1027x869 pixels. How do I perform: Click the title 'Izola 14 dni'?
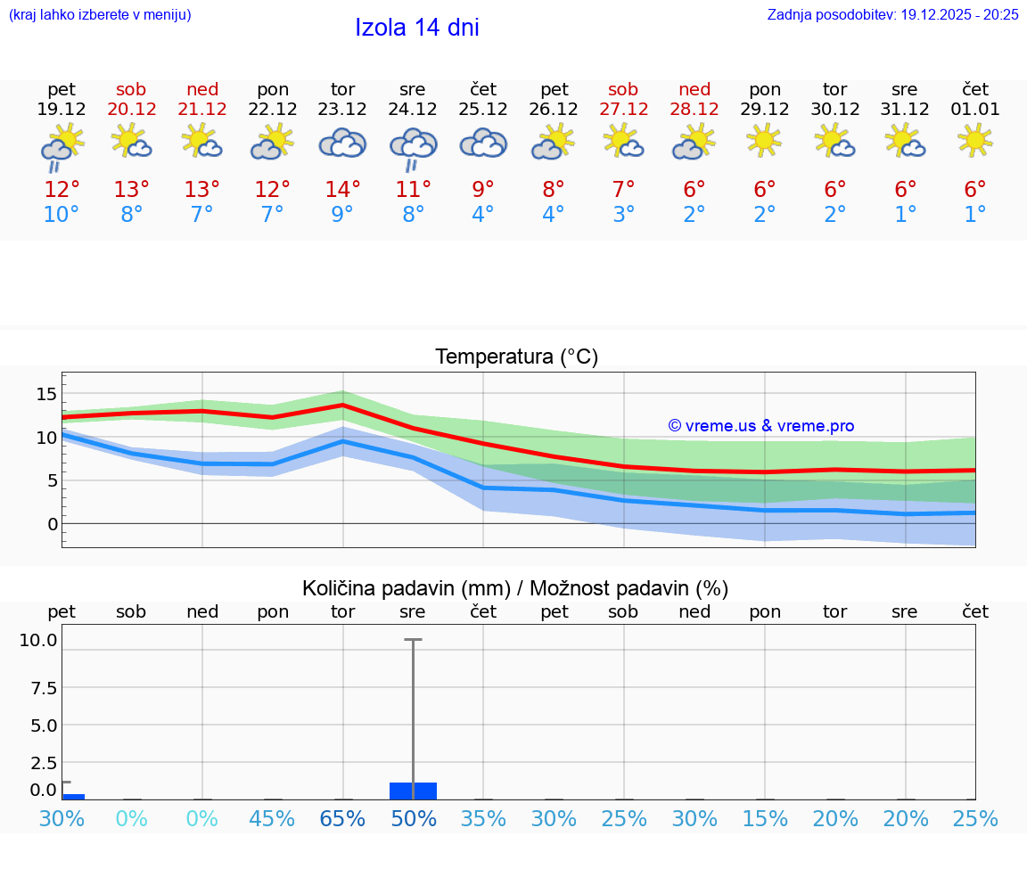click(x=416, y=28)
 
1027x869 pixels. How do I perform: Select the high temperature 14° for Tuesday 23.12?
click(x=342, y=190)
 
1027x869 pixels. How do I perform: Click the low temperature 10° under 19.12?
click(x=62, y=215)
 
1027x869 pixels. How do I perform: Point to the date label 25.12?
click(x=483, y=110)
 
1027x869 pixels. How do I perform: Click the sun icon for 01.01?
click(x=975, y=140)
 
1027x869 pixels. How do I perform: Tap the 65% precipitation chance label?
click(x=342, y=819)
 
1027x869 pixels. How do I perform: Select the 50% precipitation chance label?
click(x=413, y=819)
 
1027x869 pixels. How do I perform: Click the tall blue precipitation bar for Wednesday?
click(x=413, y=791)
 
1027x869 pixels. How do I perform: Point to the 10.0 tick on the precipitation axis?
click(x=38, y=640)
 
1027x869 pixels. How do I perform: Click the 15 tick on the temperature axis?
click(x=46, y=394)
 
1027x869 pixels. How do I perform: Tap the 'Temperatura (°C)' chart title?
click(x=516, y=357)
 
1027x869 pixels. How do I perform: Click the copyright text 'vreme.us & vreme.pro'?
click(x=760, y=426)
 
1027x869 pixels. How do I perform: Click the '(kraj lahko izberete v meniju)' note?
click(x=99, y=15)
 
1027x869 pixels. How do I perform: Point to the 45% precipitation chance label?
click(x=272, y=819)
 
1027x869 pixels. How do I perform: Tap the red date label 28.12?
click(x=694, y=110)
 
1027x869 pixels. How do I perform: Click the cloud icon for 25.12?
click(x=483, y=143)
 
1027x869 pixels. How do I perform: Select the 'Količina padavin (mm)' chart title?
click(x=406, y=588)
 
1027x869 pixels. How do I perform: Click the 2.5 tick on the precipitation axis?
click(x=43, y=763)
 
